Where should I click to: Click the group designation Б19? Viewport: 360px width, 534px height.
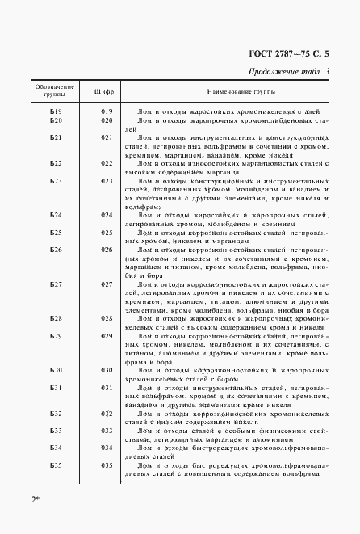pos(56,110)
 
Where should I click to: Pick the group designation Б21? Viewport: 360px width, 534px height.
pos(56,138)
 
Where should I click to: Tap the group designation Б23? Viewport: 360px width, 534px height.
pos(56,181)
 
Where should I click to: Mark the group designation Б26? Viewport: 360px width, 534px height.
pos(56,250)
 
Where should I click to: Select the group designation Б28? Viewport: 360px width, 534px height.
pos(56,318)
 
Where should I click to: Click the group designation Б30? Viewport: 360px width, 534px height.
pos(56,369)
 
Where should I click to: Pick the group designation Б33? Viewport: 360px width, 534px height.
pos(56,431)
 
